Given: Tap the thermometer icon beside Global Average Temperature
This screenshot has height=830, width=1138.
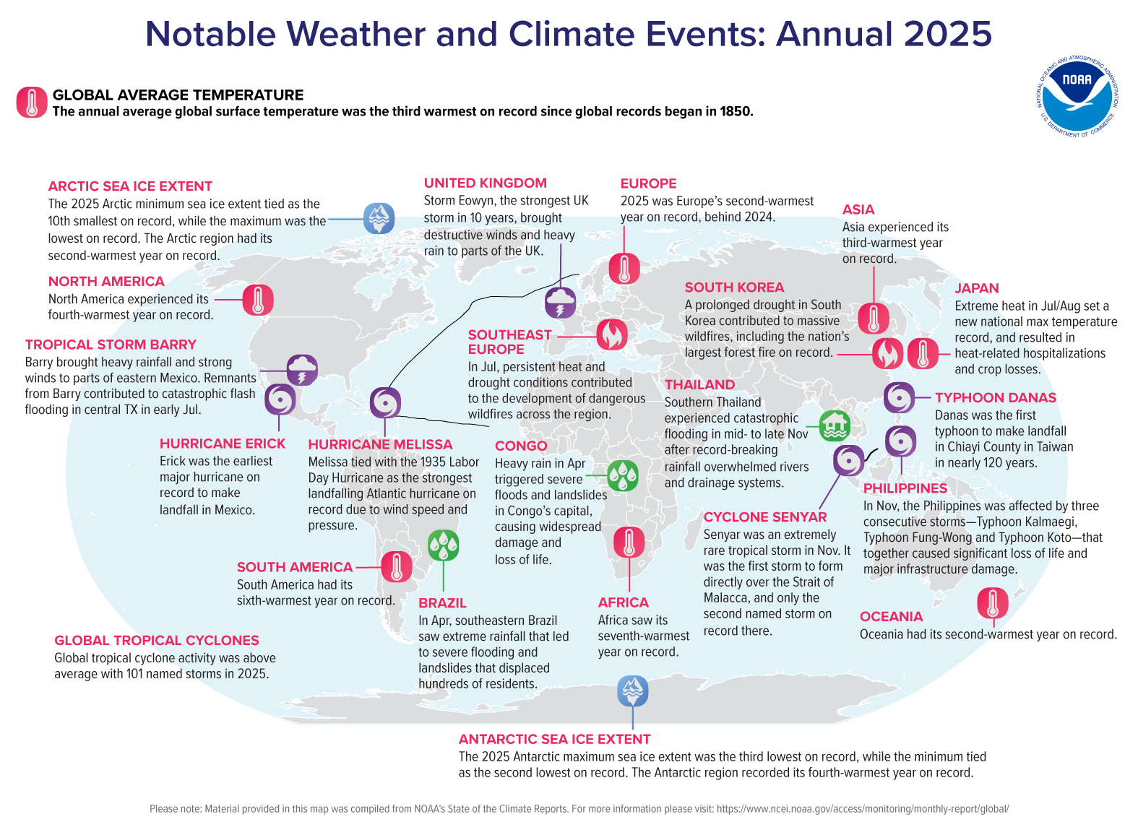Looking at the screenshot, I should [x=32, y=103].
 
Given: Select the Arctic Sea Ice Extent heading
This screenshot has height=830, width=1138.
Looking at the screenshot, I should [x=130, y=186].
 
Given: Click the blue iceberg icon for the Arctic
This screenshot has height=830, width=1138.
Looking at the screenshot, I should [x=379, y=217].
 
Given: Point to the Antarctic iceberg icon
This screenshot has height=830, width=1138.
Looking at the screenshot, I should [x=633, y=691].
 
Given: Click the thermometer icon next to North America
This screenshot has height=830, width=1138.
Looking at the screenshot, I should [x=258, y=299].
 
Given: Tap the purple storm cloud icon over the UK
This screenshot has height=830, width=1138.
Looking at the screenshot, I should [x=560, y=302].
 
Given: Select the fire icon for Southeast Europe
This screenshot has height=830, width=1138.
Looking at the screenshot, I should [x=612, y=334].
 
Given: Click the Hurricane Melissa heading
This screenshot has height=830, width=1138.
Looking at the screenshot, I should [x=380, y=444].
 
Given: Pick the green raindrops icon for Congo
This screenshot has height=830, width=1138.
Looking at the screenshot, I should [x=622, y=475].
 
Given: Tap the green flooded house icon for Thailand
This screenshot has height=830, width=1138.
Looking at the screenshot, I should [x=835, y=425].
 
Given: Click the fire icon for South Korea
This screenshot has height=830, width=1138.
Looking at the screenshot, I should [x=887, y=353].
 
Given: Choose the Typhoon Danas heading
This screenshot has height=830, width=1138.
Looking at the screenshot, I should [x=995, y=398].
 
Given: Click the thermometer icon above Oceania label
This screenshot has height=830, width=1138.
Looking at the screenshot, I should [x=992, y=602].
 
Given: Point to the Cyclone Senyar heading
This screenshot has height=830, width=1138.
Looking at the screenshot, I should [x=764, y=517].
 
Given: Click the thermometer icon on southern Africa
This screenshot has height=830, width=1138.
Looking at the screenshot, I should [x=629, y=542].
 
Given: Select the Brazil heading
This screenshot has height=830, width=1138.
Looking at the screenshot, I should [x=442, y=603].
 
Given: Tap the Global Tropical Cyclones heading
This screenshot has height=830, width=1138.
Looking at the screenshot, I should [x=157, y=641].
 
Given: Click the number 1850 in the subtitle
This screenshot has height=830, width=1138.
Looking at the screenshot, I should [x=735, y=112].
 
